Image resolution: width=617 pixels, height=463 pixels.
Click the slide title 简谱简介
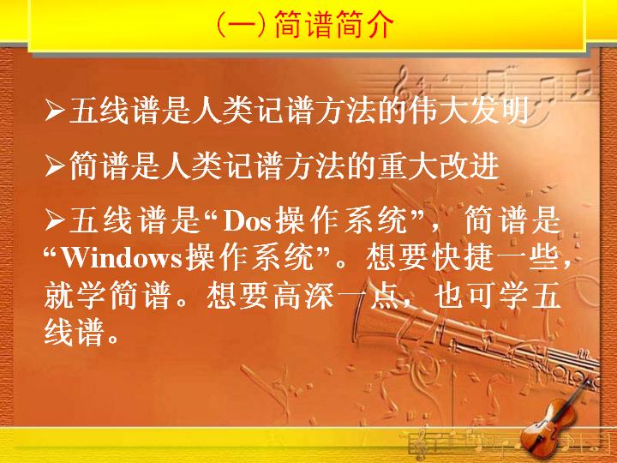pyautogui.click(x=333, y=24)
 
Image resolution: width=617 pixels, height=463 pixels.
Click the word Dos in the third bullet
pyautogui.click(x=247, y=221)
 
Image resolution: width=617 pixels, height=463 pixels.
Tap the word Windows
pyautogui.click(x=123, y=259)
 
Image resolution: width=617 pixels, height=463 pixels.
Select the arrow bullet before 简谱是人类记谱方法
pyautogui.click(x=54, y=165)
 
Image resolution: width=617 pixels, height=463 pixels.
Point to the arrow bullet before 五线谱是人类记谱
pyautogui.click(x=54, y=111)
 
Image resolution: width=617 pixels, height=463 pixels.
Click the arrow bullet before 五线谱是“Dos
pyautogui.click(x=54, y=220)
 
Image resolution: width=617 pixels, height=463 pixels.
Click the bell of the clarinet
pyautogui.click(x=367, y=315)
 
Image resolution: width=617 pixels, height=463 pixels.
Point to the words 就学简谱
pyautogui.click(x=107, y=296)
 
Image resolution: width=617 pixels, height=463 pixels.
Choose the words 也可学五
pyautogui.click(x=497, y=296)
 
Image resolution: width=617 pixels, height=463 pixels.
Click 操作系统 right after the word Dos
pyautogui.click(x=341, y=221)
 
